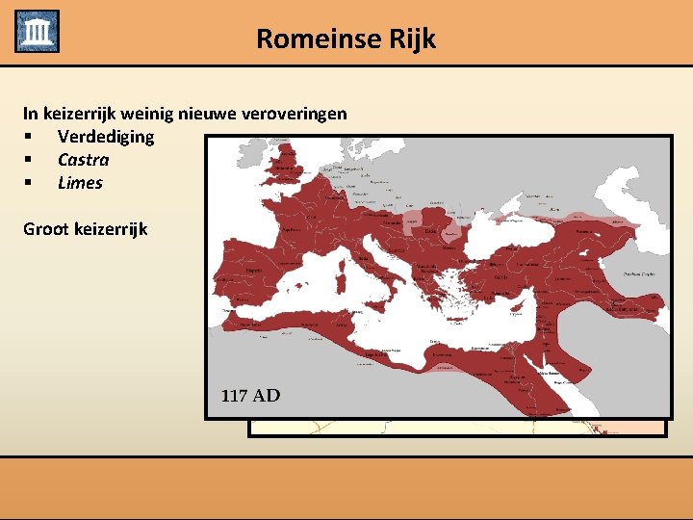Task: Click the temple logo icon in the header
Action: click(37, 32)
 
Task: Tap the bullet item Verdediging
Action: click(105, 137)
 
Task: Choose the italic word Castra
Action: click(83, 160)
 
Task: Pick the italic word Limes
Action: click(80, 183)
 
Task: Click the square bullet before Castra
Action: click(30, 160)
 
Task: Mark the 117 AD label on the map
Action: click(250, 396)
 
